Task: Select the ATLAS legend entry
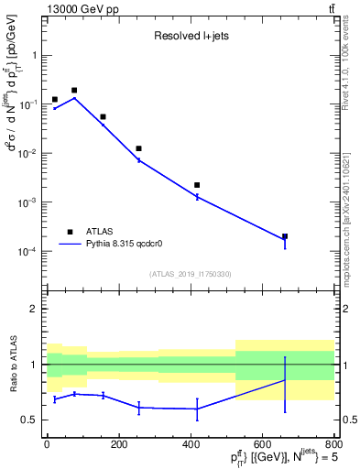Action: [x=100, y=232]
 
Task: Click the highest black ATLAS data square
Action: [x=74, y=91]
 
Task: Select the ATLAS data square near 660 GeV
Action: [x=284, y=236]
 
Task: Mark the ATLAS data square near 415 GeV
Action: [x=197, y=185]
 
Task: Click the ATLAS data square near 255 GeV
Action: [x=138, y=148]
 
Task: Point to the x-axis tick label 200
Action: [x=118, y=443]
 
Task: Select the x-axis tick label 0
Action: [x=47, y=443]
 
